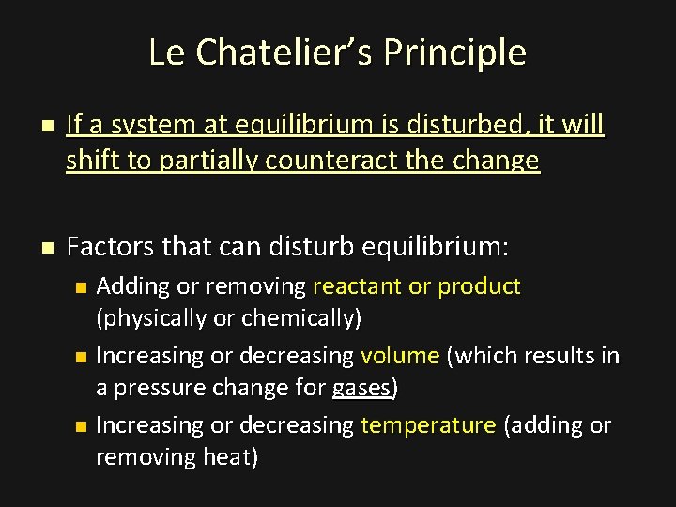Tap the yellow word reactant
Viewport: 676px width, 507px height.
click(x=357, y=286)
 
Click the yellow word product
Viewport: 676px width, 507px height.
click(x=479, y=286)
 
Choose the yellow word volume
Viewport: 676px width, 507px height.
click(x=399, y=356)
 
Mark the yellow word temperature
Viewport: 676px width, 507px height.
click(x=427, y=425)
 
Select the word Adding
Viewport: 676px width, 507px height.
click(x=129, y=286)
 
